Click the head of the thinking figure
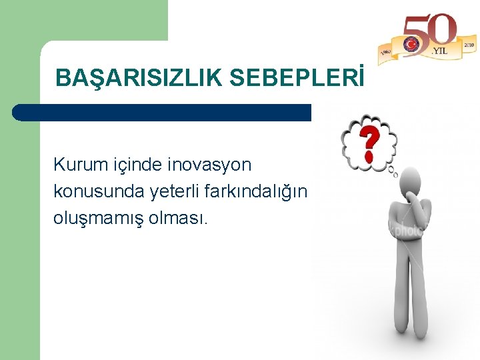[409, 184]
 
